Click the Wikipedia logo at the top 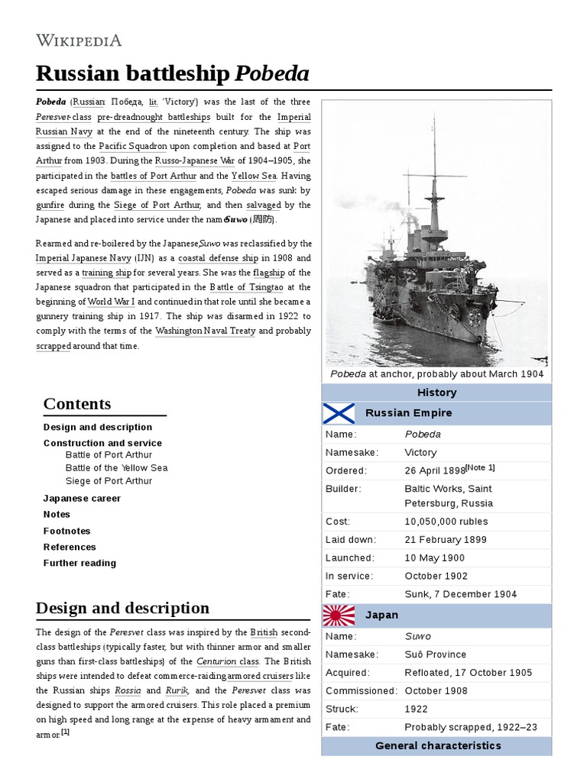pos(79,40)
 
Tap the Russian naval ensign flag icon pos(339,413)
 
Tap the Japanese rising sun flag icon pos(339,615)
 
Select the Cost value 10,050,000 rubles pos(446,522)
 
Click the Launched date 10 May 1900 pos(434,558)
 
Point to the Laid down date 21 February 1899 pos(446,540)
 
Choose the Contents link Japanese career pos(82,498)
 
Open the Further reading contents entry pos(79,563)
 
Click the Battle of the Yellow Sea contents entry pos(116,468)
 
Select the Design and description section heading pos(122,608)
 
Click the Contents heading pos(77,404)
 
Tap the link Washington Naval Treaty pos(205,331)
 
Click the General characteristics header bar pos(437,745)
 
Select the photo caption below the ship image pos(436,374)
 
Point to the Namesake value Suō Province pos(435,654)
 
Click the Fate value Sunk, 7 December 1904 pos(460,594)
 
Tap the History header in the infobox pos(436,393)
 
